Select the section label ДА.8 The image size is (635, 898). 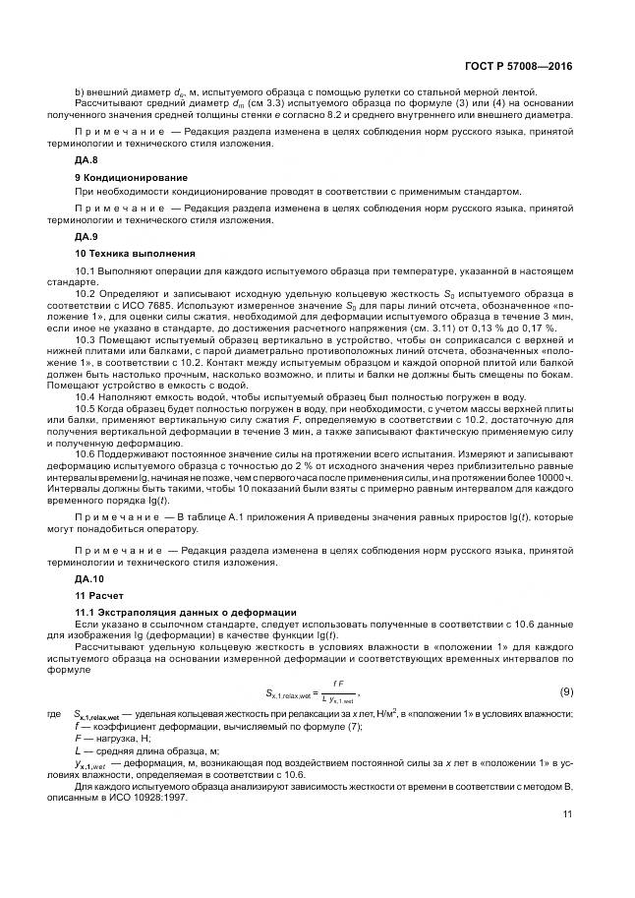pos(87,159)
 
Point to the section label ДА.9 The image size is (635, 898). pos(87,236)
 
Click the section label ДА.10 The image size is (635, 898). pos(89,579)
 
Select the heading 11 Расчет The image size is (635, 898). pos(96,596)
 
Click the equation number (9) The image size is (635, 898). pos(566,691)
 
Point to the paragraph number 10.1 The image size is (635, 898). pos(85,270)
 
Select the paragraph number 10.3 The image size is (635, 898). pos(85,339)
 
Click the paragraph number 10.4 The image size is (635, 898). pos(85,396)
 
